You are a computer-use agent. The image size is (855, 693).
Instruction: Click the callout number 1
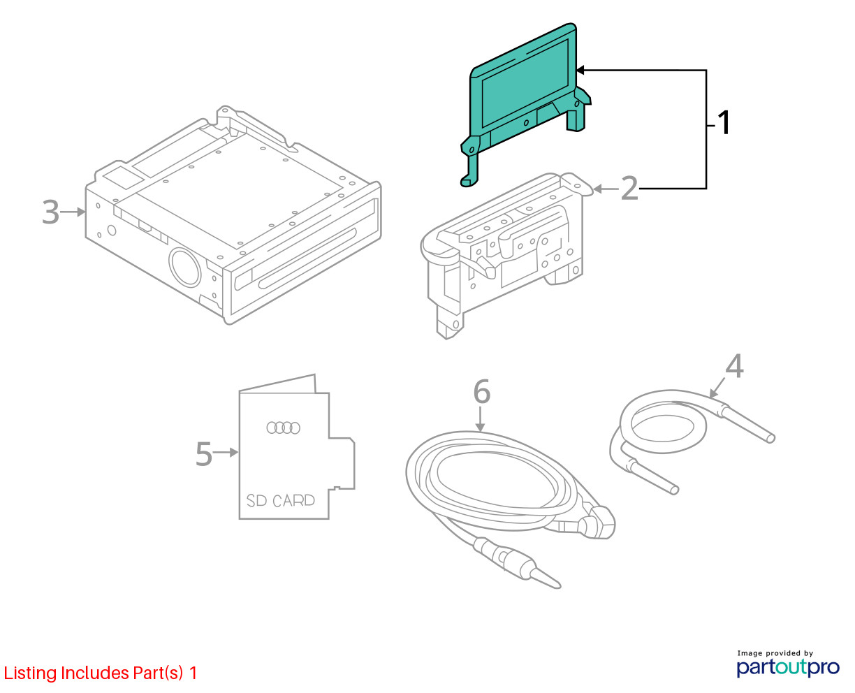[x=724, y=122]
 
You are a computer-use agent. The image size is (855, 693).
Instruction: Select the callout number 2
[x=629, y=188]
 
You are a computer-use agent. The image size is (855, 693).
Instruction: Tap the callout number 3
[x=51, y=212]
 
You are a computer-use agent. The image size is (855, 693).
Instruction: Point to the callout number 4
[x=734, y=366]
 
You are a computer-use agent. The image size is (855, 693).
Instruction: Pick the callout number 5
[x=203, y=454]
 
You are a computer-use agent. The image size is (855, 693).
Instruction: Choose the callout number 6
[x=482, y=391]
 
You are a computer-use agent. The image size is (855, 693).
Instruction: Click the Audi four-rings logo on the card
[x=283, y=428]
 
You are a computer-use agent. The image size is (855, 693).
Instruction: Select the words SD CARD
[x=280, y=501]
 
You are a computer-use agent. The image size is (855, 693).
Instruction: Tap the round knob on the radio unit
[x=184, y=267]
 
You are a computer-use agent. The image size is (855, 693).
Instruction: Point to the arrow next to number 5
[x=226, y=453]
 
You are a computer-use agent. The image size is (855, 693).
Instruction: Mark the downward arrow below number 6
[x=480, y=420]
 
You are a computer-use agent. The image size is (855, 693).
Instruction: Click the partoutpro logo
[x=788, y=667]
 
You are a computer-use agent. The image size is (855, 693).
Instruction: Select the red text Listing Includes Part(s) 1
[x=101, y=673]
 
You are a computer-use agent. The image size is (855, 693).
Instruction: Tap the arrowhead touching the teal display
[x=580, y=71]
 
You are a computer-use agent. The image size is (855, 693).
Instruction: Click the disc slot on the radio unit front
[x=307, y=258]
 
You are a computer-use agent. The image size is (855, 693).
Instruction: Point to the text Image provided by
[x=775, y=653]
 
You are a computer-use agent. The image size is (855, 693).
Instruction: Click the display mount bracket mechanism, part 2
[x=505, y=253]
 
